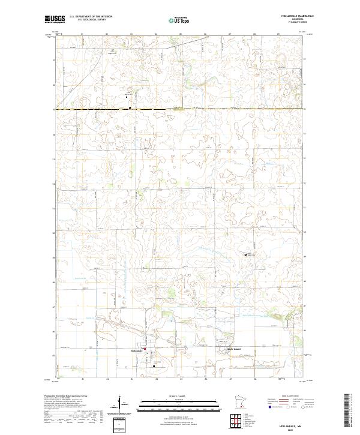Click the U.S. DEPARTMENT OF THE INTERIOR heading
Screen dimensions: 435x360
coord(90,17)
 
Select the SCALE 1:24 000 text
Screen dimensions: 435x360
coord(179,395)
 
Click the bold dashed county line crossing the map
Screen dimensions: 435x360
coord(180,109)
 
